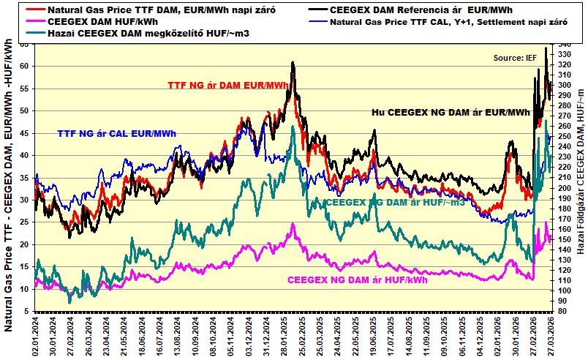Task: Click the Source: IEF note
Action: [515, 57]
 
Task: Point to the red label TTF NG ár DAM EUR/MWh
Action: [227, 86]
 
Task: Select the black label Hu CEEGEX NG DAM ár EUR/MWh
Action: [451, 112]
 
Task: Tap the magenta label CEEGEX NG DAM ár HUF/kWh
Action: [357, 280]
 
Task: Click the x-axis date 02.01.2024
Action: [36, 334]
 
